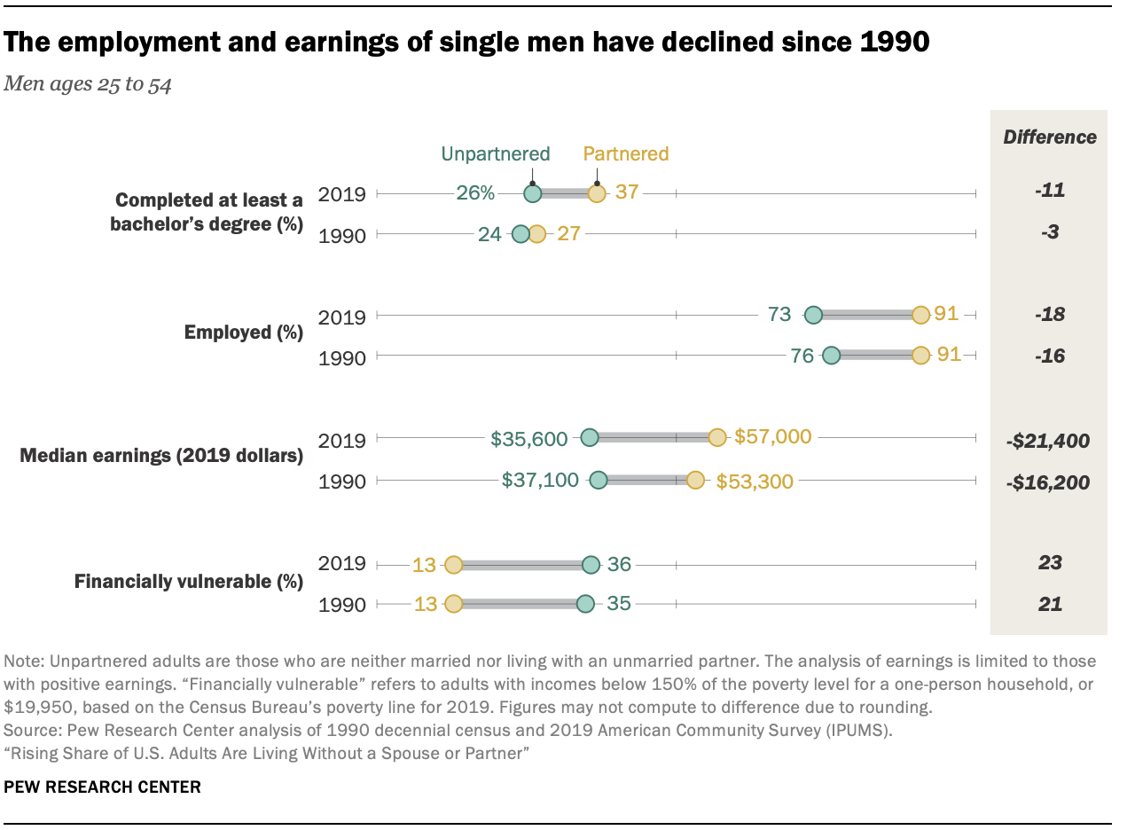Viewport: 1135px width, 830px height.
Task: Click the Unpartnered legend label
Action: click(496, 153)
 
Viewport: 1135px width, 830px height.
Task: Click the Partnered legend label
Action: click(625, 153)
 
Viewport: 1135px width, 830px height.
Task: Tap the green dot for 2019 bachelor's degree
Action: click(532, 193)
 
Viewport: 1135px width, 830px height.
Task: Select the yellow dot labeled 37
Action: click(597, 193)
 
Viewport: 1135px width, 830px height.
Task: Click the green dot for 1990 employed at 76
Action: click(831, 356)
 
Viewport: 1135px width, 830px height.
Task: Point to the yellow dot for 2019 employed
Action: click(920, 315)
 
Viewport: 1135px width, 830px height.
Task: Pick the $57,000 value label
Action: click(772, 437)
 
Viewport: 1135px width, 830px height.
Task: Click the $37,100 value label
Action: click(540, 480)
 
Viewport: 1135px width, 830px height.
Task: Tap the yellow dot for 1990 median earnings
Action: click(695, 480)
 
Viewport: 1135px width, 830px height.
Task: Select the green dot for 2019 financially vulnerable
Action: click(591, 565)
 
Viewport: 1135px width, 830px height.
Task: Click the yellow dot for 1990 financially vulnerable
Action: click(453, 604)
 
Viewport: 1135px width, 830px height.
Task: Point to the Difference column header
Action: click(1049, 137)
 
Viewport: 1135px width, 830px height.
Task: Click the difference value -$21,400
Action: click(1049, 441)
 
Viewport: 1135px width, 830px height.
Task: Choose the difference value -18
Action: click(1049, 315)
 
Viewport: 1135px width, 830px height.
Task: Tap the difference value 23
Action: click(1049, 563)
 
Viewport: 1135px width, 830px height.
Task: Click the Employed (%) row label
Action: click(243, 333)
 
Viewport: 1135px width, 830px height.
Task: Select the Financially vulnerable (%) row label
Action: click(188, 583)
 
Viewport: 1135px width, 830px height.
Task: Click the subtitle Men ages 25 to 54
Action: click(89, 85)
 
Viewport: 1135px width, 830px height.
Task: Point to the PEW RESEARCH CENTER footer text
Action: click(103, 787)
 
